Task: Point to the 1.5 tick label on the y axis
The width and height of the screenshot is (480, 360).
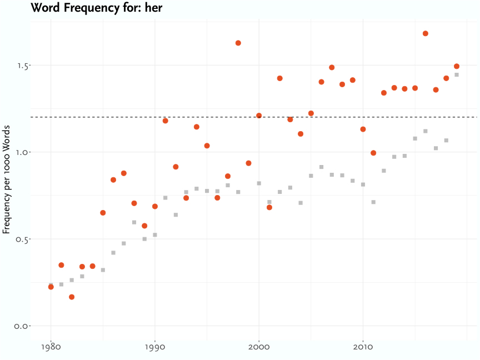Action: [22, 66]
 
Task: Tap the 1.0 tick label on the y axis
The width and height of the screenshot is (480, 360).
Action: [22, 152]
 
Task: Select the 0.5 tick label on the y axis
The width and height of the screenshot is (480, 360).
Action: [22, 239]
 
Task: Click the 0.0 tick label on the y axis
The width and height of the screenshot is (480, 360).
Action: [22, 326]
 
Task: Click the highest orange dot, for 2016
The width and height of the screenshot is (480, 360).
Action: [426, 33]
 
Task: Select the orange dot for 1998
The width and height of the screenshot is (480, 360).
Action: [238, 43]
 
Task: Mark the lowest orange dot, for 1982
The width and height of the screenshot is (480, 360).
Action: [72, 297]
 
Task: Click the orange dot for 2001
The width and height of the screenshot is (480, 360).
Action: [269, 207]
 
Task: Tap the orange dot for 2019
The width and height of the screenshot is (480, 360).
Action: [457, 66]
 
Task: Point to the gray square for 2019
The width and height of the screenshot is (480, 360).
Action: [457, 74]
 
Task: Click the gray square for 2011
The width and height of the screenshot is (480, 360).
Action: [373, 202]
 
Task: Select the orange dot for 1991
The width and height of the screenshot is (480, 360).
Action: [165, 121]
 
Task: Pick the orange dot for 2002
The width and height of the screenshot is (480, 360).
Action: [280, 78]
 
